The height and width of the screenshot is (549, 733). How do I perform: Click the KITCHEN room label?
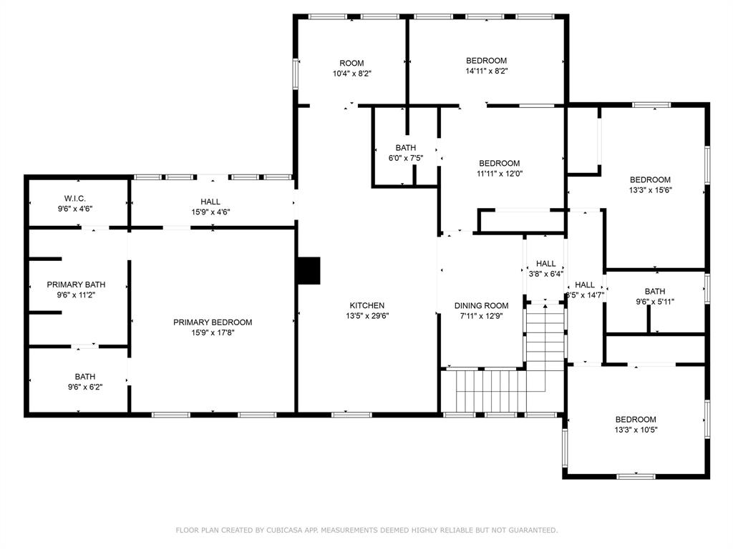click(367, 305)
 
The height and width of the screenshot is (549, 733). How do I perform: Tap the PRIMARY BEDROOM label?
click(213, 322)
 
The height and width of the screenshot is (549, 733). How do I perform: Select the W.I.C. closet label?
click(74, 199)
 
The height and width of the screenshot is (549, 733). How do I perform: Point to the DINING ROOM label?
click(482, 306)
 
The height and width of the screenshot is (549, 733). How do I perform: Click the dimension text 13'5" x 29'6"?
click(367, 316)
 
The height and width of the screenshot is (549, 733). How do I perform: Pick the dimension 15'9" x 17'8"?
click(213, 333)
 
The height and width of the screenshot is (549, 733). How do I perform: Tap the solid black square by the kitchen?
click(309, 270)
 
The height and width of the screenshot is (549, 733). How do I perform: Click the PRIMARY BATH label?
click(76, 285)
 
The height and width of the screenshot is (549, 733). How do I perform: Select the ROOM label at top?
click(351, 63)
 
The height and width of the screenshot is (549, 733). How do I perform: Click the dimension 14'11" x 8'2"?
click(487, 71)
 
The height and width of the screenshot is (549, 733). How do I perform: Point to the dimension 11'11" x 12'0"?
click(500, 174)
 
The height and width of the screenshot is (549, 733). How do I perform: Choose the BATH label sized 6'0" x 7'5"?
click(406, 147)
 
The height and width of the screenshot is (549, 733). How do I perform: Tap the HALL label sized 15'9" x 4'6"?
click(210, 202)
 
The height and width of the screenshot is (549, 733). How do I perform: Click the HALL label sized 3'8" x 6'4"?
click(546, 264)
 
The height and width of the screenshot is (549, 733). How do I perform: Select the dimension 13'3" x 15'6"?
click(650, 190)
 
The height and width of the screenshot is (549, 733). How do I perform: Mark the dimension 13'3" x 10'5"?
click(636, 430)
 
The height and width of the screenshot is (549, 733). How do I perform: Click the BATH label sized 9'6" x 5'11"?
click(655, 292)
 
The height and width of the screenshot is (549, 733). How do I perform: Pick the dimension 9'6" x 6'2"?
click(85, 387)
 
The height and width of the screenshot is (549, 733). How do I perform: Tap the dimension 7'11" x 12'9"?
click(482, 316)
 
